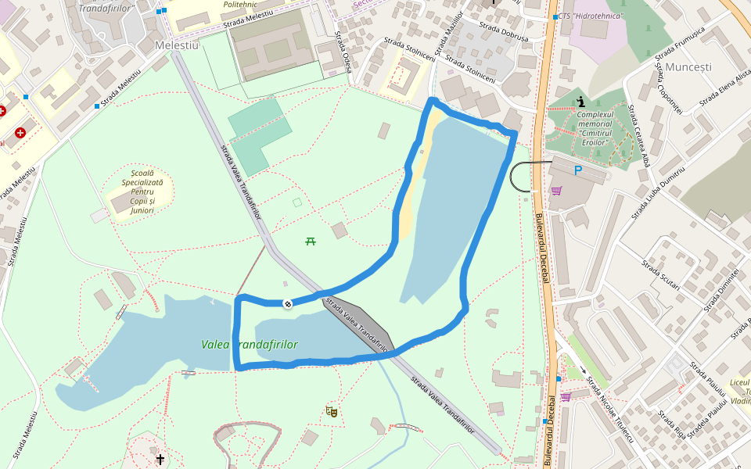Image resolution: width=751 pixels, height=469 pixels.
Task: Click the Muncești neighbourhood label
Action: point(688,67)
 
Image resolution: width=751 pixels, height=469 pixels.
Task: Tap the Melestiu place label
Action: point(178,45)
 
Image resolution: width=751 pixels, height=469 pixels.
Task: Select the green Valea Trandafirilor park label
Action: point(250,345)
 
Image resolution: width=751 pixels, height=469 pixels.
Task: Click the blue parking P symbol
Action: point(578,170)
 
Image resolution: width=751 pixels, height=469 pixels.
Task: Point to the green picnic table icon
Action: point(311,241)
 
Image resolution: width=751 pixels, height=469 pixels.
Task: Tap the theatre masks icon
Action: point(332,410)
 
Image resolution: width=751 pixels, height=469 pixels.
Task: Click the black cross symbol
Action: point(160,460)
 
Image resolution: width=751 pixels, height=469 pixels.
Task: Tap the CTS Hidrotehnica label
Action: point(592,16)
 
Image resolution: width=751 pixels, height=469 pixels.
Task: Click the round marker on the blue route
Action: point(288,303)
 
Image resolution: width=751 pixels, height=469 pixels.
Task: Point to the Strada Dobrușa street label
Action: point(504,32)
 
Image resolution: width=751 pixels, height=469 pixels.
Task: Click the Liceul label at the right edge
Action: point(739,383)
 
